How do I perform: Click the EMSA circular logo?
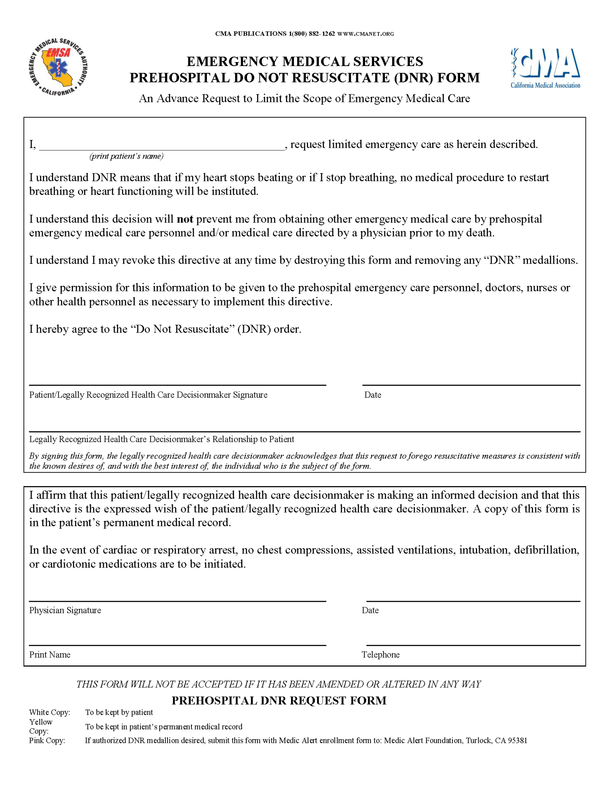(58, 68)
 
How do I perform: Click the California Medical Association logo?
(545, 68)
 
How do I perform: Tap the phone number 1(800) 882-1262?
(312, 34)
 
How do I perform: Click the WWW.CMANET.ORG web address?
(366, 34)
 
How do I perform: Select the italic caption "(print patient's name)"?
(126, 156)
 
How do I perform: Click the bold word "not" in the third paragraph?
(185, 219)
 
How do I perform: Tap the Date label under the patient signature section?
(372, 395)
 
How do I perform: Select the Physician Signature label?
(65, 610)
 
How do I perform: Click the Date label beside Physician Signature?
(370, 610)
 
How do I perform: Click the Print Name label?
(50, 655)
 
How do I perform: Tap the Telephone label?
(380, 655)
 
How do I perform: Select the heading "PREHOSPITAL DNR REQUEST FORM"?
(279, 701)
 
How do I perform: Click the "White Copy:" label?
(49, 712)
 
